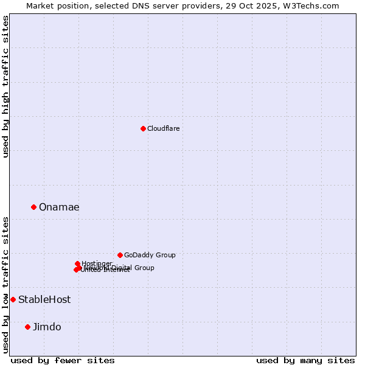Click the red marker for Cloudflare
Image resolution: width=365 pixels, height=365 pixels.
pos(143,128)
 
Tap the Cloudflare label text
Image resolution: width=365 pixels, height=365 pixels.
pos(163,128)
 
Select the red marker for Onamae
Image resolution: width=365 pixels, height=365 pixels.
pos(33,207)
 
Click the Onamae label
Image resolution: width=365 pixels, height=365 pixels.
pos(59,207)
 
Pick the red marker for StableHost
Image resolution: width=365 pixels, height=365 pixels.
pos(13,299)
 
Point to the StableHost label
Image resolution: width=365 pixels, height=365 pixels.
pos(44,299)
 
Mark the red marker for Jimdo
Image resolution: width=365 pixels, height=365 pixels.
pos(27,327)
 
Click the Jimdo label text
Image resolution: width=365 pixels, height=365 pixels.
pos(47,327)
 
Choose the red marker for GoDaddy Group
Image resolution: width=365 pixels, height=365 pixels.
pos(120,255)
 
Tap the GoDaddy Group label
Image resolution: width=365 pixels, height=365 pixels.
pos(150,255)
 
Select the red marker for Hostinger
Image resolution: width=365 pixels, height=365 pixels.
pos(77,263)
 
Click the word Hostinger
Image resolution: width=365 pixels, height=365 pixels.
pos(97,263)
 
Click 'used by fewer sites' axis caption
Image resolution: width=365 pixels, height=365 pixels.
pos(63,360)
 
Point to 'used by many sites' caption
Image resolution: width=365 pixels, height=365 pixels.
pos(305,360)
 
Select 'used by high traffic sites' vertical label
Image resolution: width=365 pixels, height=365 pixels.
pos(5,86)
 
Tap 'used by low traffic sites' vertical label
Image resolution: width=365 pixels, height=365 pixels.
pos(5,284)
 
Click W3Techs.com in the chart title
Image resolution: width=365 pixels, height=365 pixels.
pos(314,5)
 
